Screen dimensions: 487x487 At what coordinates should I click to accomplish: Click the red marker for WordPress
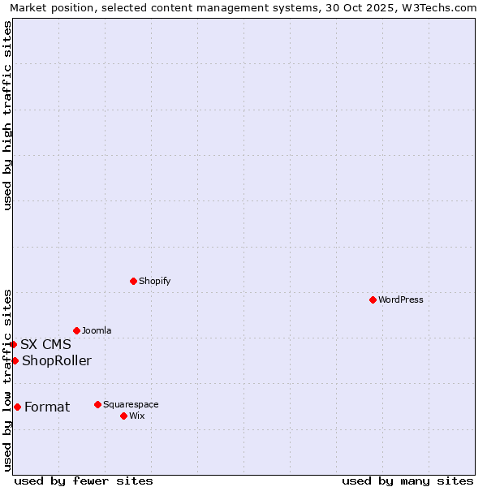[x=373, y=300]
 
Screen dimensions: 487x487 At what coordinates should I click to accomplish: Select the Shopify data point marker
[x=133, y=281]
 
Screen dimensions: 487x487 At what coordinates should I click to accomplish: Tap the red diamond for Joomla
[x=76, y=330]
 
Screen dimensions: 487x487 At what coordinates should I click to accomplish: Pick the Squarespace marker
[x=97, y=404]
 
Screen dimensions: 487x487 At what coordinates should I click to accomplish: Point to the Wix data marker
[x=123, y=416]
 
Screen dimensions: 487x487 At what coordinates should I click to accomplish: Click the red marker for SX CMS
[x=13, y=344]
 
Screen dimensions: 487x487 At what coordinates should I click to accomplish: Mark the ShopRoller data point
[x=15, y=360]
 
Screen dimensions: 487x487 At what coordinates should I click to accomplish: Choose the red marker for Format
[x=17, y=407]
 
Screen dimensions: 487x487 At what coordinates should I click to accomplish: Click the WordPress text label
[x=401, y=300]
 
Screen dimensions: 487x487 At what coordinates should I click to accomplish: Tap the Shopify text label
[x=154, y=281]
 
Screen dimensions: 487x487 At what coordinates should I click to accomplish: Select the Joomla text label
[x=97, y=330]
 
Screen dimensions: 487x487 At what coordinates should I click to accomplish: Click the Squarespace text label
[x=131, y=404]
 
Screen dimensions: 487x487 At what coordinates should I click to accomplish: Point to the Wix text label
[x=137, y=416]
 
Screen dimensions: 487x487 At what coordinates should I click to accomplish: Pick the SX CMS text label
[x=45, y=344]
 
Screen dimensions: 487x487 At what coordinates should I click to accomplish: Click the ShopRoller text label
[x=57, y=360]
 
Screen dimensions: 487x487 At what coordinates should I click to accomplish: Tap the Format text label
[x=47, y=407]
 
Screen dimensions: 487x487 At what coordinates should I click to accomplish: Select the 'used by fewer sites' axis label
[x=84, y=481]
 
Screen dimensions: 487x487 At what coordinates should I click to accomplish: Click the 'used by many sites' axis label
[x=407, y=481]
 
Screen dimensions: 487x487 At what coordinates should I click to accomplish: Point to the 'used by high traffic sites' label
[x=7, y=115]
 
